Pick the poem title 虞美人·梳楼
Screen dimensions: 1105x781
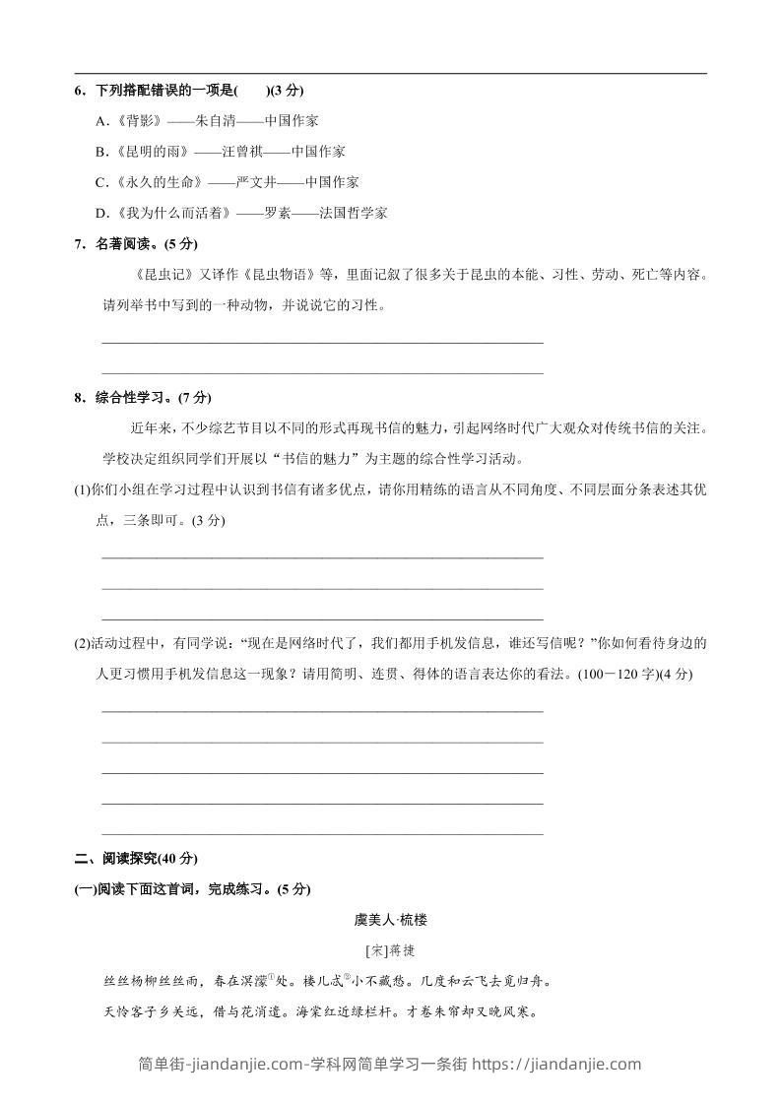tap(390, 920)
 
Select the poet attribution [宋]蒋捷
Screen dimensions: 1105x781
tap(390, 950)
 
